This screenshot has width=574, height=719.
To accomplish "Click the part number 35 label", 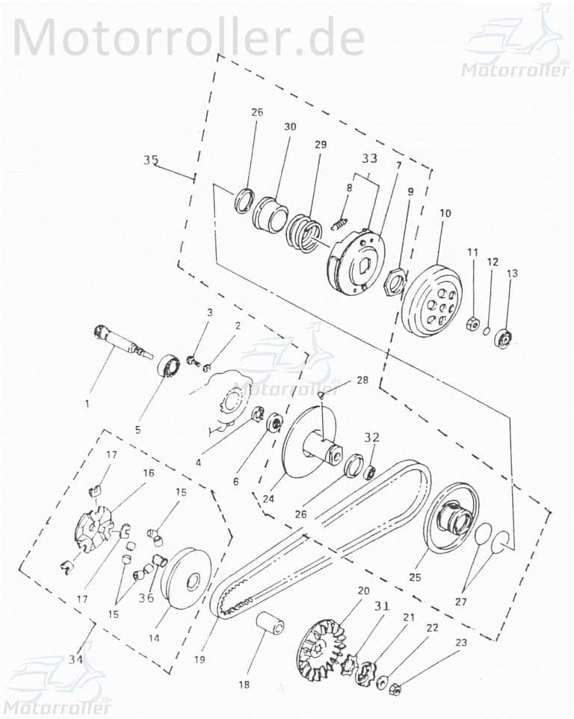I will (151, 160).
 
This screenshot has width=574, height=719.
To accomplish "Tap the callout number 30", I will (289, 127).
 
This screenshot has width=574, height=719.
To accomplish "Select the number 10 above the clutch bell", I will (445, 213).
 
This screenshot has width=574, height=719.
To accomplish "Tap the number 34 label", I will (75, 659).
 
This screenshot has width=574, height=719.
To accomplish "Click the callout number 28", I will (362, 380).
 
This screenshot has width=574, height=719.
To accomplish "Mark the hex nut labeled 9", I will (394, 281).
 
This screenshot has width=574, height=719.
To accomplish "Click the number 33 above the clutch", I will (370, 158).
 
